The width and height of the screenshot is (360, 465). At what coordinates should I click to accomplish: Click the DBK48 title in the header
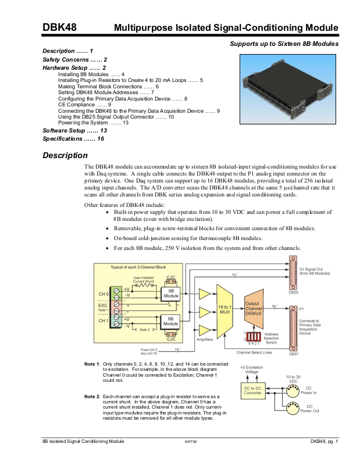click(x=59, y=27)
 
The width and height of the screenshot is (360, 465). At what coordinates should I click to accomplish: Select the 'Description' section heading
click(x=65, y=156)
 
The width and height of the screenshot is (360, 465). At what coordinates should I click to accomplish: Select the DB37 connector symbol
click(x=293, y=328)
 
